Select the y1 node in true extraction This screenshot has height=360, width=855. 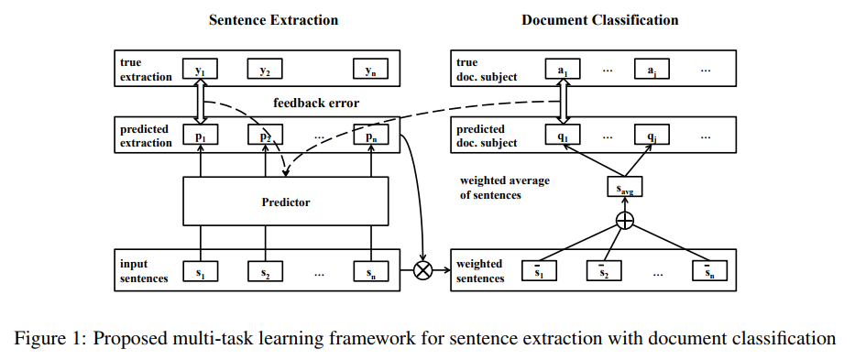(x=201, y=70)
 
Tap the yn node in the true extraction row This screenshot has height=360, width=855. (x=369, y=70)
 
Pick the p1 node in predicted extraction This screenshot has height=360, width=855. (x=201, y=136)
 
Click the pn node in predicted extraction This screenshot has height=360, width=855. (x=369, y=136)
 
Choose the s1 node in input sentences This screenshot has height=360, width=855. (x=201, y=272)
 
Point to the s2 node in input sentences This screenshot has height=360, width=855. (x=265, y=272)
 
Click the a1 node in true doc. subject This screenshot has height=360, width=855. (x=563, y=70)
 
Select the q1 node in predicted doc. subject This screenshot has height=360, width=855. (x=563, y=136)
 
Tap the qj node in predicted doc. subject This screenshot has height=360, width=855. (x=651, y=136)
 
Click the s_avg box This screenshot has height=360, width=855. (x=624, y=188)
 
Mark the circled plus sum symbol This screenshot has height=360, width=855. (x=624, y=221)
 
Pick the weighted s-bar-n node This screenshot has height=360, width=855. (x=709, y=272)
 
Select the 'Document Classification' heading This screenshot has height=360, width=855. (x=600, y=19)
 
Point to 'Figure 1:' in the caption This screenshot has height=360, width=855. (x=46, y=339)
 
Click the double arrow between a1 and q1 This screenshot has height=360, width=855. (x=563, y=103)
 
